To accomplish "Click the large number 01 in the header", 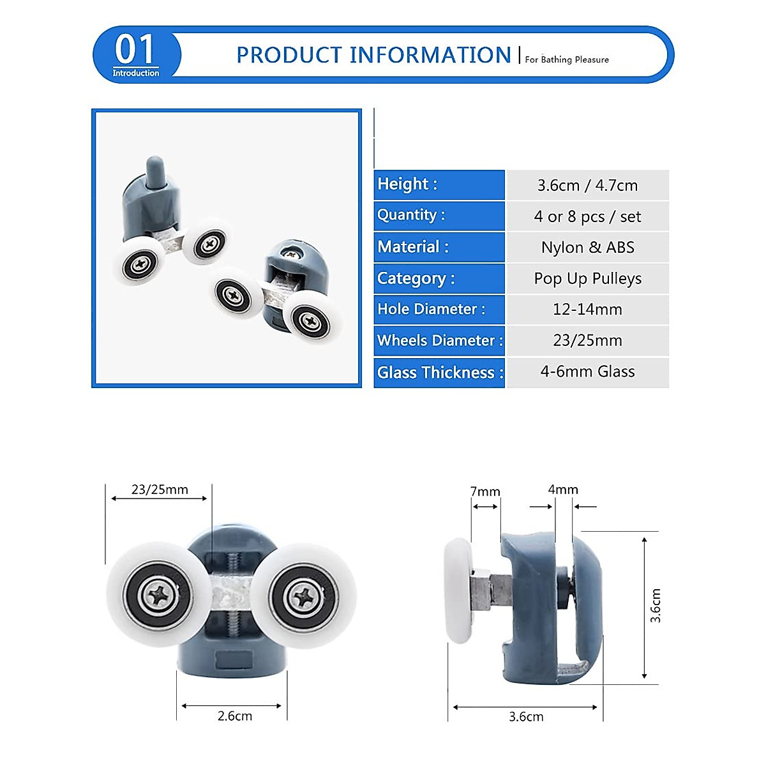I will click(x=135, y=49).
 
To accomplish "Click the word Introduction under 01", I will click(x=136, y=73).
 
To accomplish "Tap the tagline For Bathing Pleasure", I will click(x=567, y=59).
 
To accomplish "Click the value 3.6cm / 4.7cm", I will click(x=587, y=185).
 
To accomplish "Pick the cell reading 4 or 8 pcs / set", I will click(x=587, y=216).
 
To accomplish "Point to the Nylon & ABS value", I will click(x=587, y=247).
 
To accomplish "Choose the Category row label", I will click(x=416, y=278).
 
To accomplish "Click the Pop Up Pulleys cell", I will click(x=587, y=278).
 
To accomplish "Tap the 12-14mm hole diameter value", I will click(x=587, y=310).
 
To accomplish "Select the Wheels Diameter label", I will click(x=440, y=340).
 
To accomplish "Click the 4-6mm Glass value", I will click(x=587, y=372).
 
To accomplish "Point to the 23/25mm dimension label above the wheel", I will click(x=160, y=490).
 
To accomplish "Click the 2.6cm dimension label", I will click(x=234, y=716).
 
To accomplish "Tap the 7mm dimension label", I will click(x=485, y=492).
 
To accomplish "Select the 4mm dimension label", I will click(x=563, y=490).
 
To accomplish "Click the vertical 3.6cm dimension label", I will click(x=656, y=605).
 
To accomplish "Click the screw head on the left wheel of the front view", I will click(x=158, y=596).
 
